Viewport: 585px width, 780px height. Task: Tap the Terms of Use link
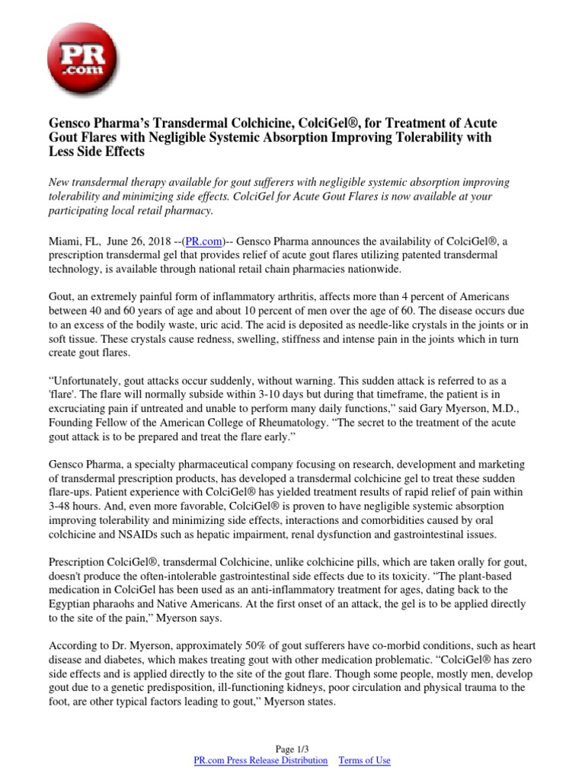coord(364,760)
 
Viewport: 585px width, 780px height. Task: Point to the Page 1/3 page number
coord(292,748)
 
